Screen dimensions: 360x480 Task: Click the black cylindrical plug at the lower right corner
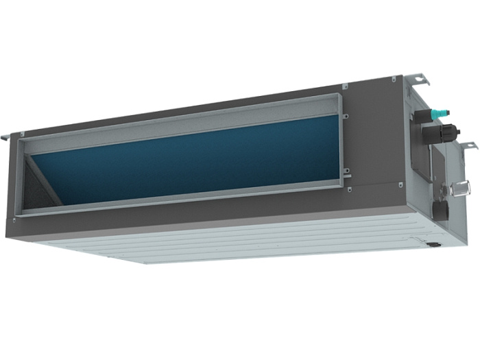tap(432, 241)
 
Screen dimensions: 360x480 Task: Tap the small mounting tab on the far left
tap(6, 136)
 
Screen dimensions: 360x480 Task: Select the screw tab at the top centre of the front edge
tap(344, 86)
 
